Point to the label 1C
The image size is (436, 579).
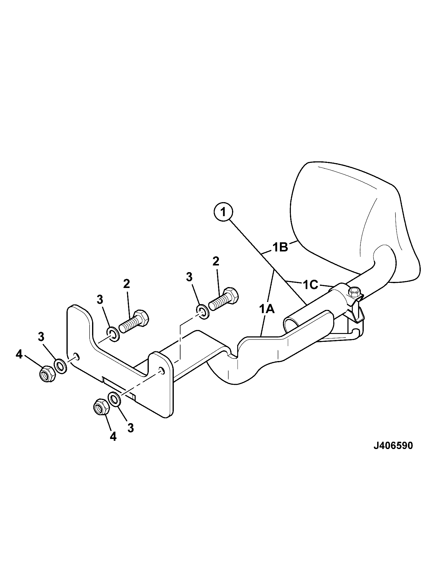pos(310,285)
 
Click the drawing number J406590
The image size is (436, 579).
pos(393,446)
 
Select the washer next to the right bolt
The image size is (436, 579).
pos(202,312)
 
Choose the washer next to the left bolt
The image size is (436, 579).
pos(113,335)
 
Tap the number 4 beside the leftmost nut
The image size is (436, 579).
pos(19,355)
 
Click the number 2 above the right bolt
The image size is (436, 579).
pos(216,261)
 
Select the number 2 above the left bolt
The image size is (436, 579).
pos(126,284)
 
